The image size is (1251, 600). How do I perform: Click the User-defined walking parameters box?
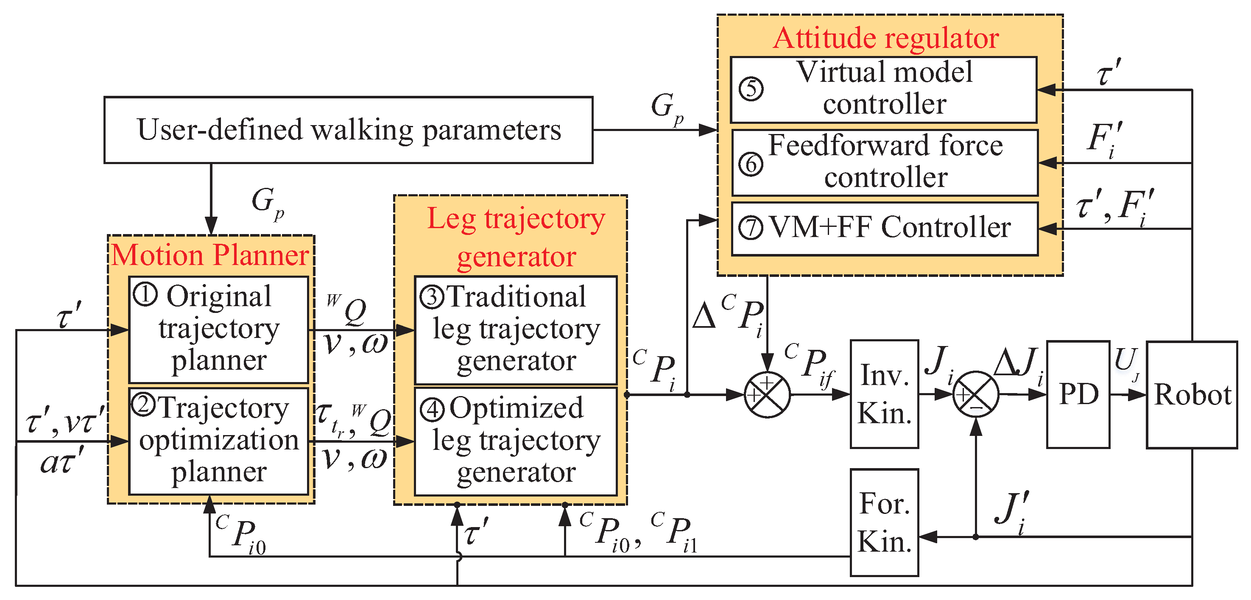tap(348, 130)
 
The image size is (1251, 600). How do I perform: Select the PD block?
tap(1078, 394)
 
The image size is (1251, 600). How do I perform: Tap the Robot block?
tap(1191, 394)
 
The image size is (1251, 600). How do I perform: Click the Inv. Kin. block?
tap(884, 394)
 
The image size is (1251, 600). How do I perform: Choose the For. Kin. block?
tap(884, 522)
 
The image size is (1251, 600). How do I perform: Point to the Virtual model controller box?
tap(883, 90)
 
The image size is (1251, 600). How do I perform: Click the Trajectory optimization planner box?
tap(218, 441)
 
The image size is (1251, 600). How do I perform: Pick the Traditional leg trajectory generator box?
tap(515, 330)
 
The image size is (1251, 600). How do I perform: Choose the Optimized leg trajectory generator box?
tap(515, 441)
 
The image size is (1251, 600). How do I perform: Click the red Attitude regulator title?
tap(886, 38)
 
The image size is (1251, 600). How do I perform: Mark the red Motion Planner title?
tap(210, 255)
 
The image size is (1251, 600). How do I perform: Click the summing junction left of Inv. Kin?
tap(767, 395)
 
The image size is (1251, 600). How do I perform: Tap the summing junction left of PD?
tap(976, 395)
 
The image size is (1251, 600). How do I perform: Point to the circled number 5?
tap(751, 89)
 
